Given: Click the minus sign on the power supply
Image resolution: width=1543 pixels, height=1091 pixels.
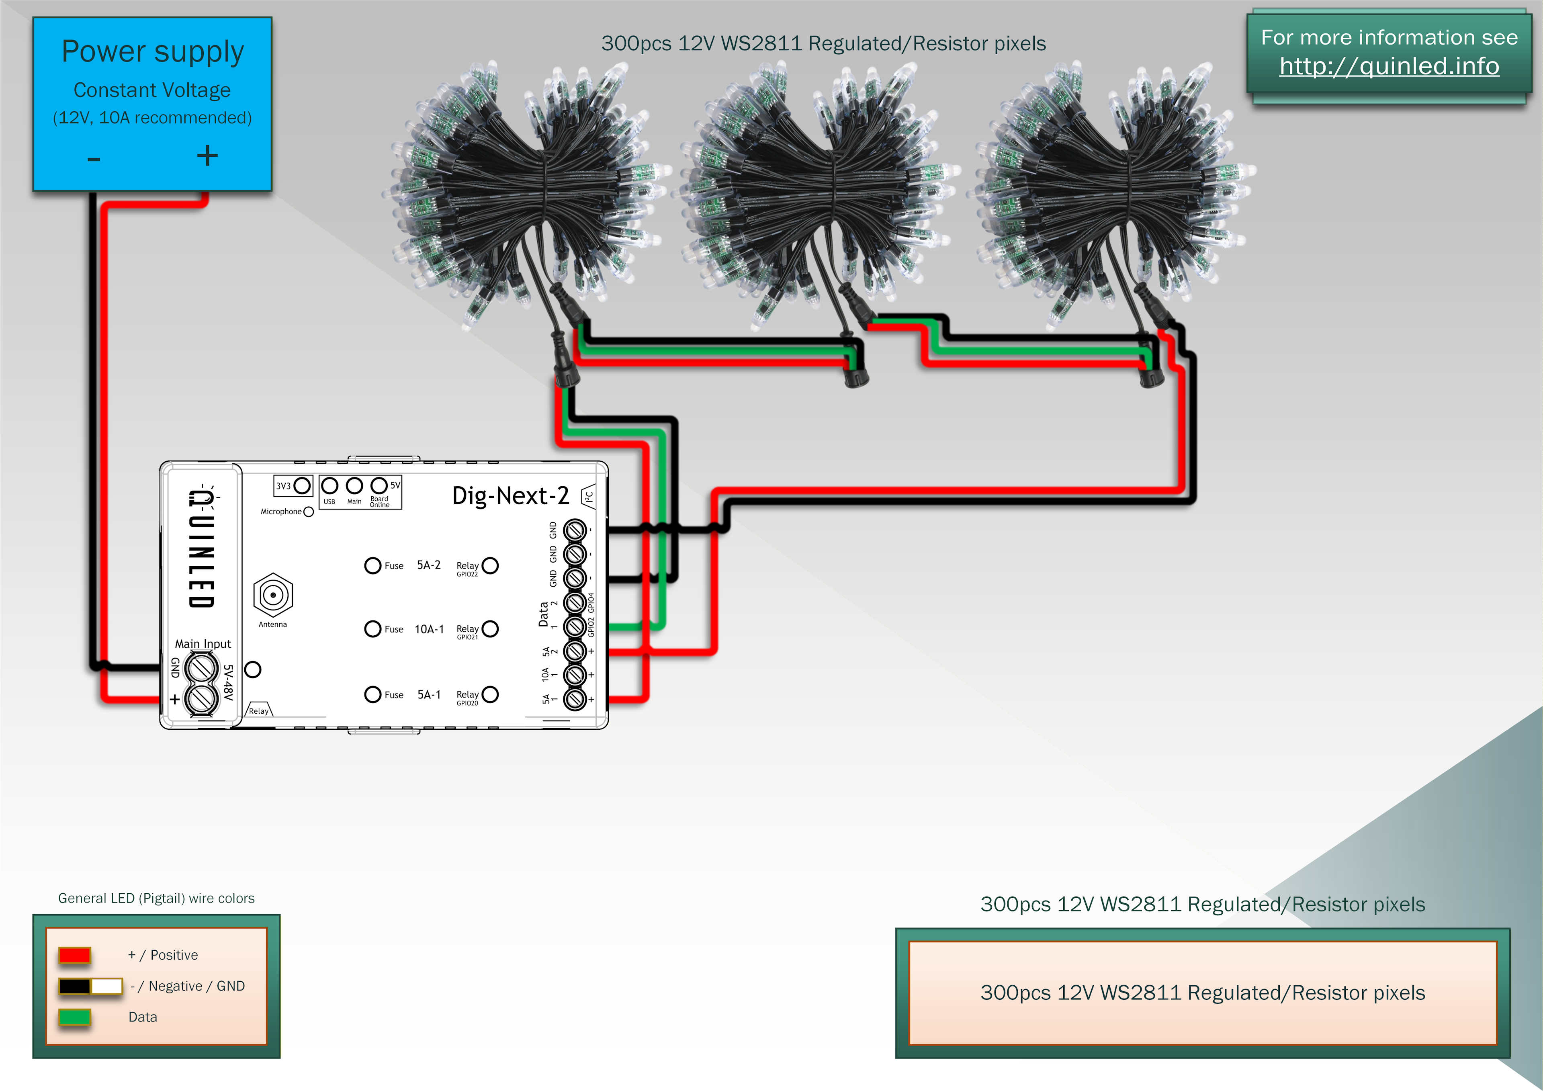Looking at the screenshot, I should click(x=93, y=159).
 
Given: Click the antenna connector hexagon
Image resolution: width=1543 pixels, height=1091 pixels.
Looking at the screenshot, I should click(x=273, y=595).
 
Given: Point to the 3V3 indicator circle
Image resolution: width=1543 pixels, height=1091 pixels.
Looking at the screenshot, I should click(x=303, y=485).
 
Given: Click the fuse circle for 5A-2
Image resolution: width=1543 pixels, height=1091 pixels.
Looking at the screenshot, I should click(x=372, y=565).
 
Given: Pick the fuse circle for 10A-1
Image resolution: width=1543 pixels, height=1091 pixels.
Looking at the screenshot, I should click(x=372, y=629).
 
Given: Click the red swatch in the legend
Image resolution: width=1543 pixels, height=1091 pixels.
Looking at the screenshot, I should click(x=75, y=954).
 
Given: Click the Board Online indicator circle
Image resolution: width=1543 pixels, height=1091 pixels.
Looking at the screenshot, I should click(x=379, y=485).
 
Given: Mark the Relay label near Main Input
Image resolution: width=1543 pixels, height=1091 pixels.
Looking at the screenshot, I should click(x=259, y=710).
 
